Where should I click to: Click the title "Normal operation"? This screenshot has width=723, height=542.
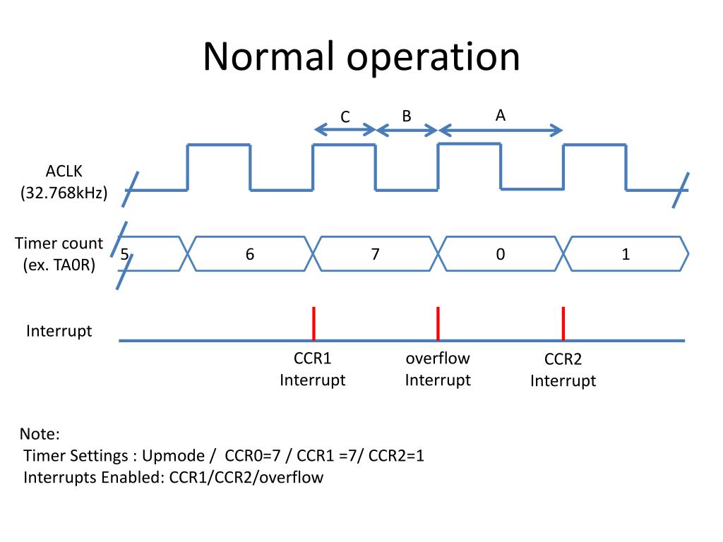(361, 56)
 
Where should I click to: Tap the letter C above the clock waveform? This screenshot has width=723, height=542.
(345, 117)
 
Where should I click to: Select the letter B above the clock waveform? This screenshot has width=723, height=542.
(406, 116)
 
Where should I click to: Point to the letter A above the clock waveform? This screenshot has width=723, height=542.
(501, 115)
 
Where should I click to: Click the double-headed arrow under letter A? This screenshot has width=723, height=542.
(501, 131)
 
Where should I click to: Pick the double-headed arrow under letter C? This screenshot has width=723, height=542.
(345, 130)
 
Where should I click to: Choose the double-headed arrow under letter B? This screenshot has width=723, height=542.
(407, 131)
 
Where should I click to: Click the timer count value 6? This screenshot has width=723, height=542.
(250, 254)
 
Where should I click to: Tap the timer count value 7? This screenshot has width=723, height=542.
(376, 254)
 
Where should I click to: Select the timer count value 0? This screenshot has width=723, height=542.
(501, 254)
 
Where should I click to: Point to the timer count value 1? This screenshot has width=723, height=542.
(626, 254)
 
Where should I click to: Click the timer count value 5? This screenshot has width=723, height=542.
(124, 254)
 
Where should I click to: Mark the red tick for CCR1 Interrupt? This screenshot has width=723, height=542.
(313, 323)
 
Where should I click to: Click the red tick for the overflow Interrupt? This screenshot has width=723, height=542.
(438, 323)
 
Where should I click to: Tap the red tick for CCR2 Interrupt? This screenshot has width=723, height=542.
(563, 323)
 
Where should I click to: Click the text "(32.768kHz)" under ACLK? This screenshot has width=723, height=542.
(64, 193)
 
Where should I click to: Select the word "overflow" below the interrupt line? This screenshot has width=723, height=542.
(438, 358)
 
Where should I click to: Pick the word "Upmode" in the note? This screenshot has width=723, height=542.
(174, 456)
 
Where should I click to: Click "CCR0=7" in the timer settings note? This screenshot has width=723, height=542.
(253, 455)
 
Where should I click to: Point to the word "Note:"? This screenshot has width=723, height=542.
(40, 434)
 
